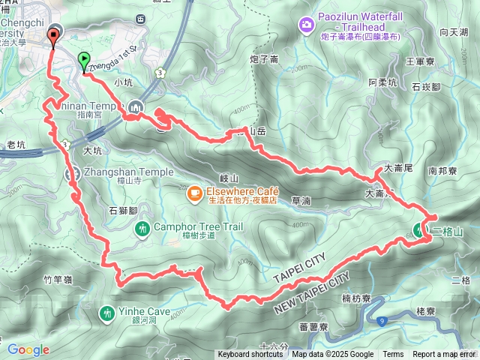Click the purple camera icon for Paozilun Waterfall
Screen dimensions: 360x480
pos(306,26)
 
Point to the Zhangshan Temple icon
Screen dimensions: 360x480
pos(72,173)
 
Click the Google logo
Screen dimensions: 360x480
pos(28,349)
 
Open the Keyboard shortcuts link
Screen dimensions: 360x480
pos(250,355)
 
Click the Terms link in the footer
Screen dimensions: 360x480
pos(393,355)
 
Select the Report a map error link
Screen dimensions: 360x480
pos(444,355)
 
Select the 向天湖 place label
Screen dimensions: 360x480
pos(454,32)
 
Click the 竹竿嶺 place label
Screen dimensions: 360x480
pos(57,280)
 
